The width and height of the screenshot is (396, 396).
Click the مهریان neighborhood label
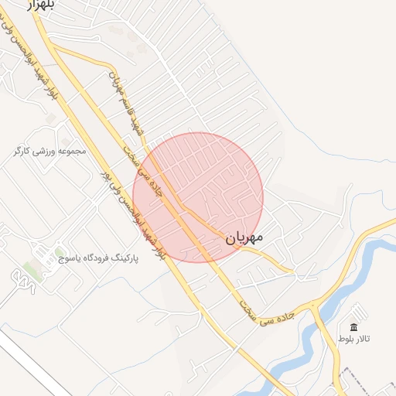tap(245, 238)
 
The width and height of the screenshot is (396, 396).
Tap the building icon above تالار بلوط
tap(354, 327)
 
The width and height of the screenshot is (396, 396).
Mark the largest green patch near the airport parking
tap(32, 271)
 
